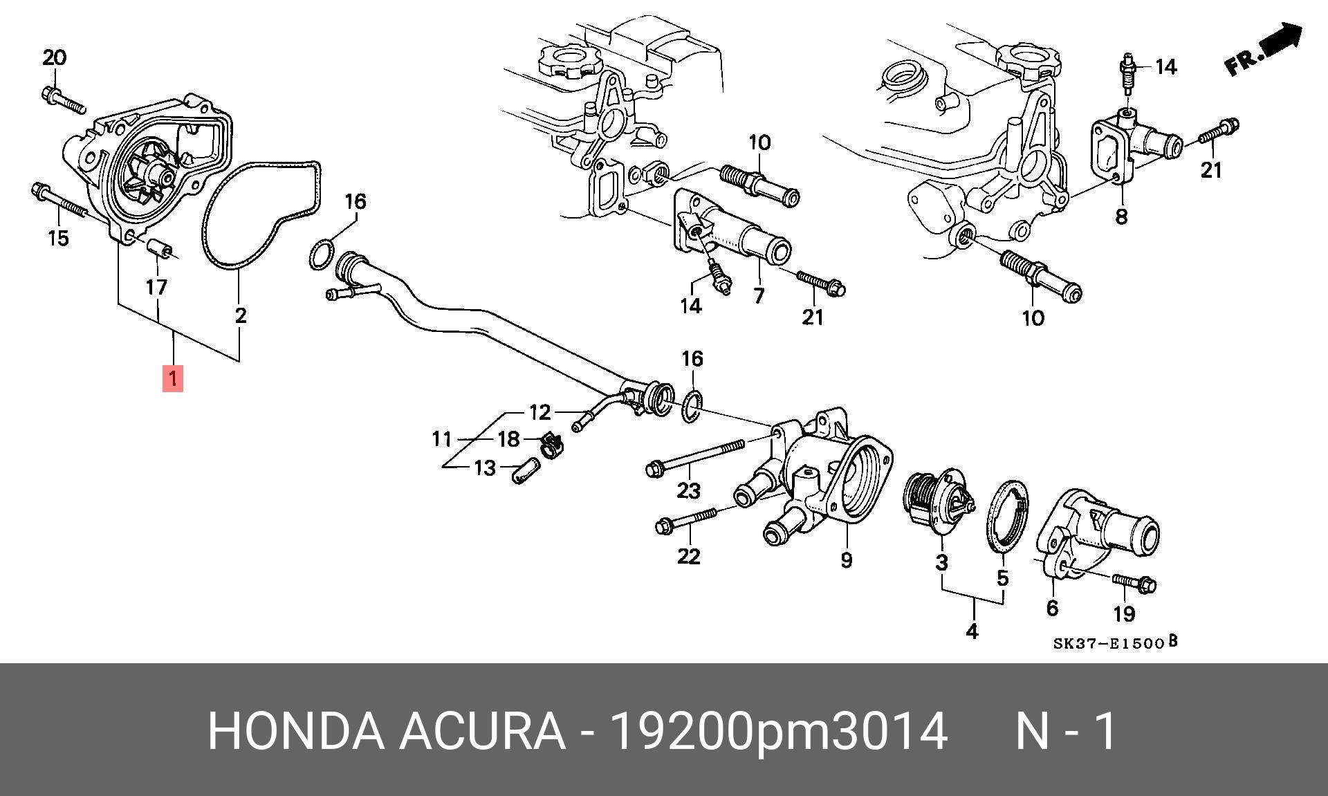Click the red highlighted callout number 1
click(173, 378)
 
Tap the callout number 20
click(55, 57)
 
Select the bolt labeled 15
click(59, 201)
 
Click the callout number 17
click(157, 286)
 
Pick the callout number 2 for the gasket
click(240, 315)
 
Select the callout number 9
click(847, 559)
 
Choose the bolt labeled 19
click(1134, 585)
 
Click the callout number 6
click(1052, 608)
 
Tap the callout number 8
click(1121, 216)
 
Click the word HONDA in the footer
click(295, 731)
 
